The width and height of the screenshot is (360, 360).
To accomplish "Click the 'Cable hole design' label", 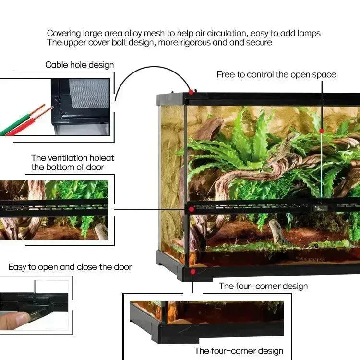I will [x=80, y=65].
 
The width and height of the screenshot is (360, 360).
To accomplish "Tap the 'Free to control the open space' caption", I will [x=276, y=74].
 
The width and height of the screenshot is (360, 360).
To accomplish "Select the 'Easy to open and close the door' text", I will [x=70, y=267].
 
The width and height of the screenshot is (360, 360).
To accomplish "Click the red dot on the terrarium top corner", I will [x=191, y=91].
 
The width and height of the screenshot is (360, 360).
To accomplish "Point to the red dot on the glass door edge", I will [x=322, y=131].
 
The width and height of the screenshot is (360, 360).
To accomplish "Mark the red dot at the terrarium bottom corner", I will [x=192, y=272].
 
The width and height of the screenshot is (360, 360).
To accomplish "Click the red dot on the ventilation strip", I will [x=192, y=209].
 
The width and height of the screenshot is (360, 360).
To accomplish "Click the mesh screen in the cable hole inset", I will [x=89, y=94].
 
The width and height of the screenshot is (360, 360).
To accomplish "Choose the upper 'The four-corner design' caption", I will [x=263, y=286].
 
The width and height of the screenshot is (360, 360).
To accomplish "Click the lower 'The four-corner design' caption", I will [x=239, y=351].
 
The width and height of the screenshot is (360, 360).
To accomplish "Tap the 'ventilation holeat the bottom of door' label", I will [x=73, y=162].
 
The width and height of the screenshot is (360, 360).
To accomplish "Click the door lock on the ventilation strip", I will [x=320, y=208].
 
